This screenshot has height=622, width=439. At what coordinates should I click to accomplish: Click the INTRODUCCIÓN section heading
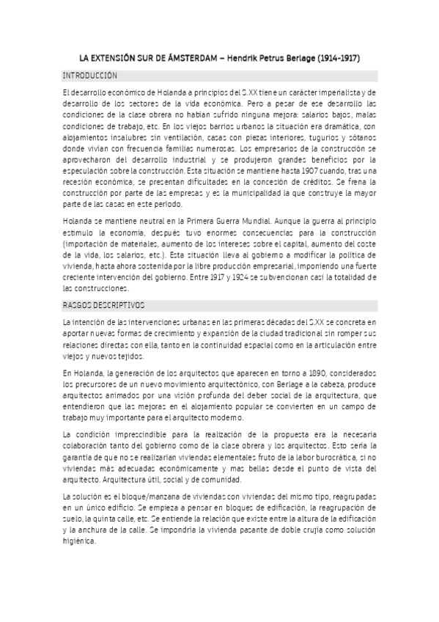(90, 76)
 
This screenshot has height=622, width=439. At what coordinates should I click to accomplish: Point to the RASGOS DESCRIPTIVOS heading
(104, 304)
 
